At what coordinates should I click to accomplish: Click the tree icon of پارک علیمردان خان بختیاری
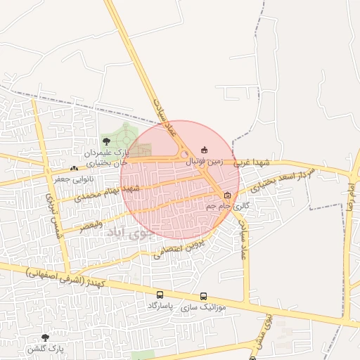coord(106,141)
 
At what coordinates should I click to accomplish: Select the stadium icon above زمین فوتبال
coord(205,149)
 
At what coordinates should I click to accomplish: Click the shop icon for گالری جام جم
coord(227,195)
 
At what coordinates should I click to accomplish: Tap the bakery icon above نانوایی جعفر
coord(74,169)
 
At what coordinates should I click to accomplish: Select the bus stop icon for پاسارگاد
coord(160,295)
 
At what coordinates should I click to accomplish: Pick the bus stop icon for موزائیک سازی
coord(204,296)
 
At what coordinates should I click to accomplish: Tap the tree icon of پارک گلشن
coord(46,337)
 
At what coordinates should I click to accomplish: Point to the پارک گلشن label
coord(46,349)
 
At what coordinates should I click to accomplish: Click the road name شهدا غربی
coord(252,162)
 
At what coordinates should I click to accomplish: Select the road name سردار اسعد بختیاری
coord(278,178)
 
